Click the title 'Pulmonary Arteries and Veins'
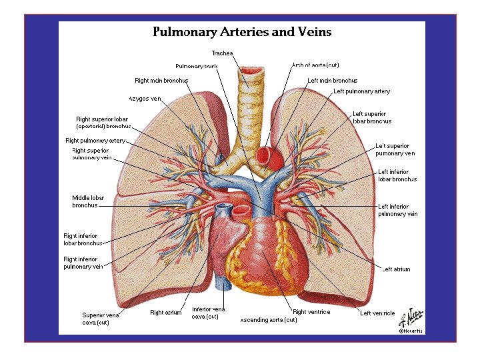pyautogui.click(x=242, y=31)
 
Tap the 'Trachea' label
pyautogui.click(x=222, y=53)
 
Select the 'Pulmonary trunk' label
pyautogui.click(x=196, y=66)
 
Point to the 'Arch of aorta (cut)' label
pyautogui.click(x=315, y=65)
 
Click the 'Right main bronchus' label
pyautogui.click(x=161, y=81)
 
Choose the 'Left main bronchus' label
pyautogui.click(x=332, y=81)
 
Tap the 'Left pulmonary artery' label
pyautogui.click(x=361, y=91)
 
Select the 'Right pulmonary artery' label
pyautogui.click(x=95, y=141)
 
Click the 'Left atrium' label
pyautogui.click(x=396, y=269)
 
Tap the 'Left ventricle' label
pyautogui.click(x=377, y=313)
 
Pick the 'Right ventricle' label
pyautogui.click(x=311, y=312)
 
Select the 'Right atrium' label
pyautogui.click(x=165, y=313)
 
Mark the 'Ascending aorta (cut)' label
pyautogui.click(x=268, y=320)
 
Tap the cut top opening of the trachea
pyautogui.click(x=252, y=69)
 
